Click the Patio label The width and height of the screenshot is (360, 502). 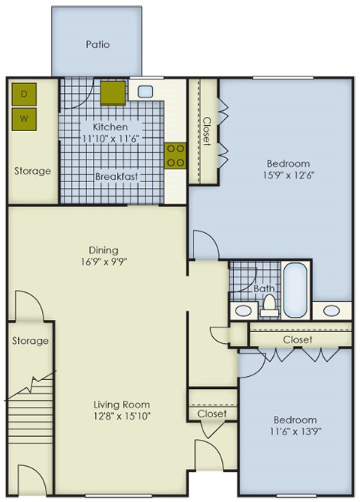pyautogui.click(x=97, y=44)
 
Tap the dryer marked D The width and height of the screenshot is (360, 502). pyautogui.click(x=24, y=94)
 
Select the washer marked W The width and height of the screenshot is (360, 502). pyautogui.click(x=24, y=119)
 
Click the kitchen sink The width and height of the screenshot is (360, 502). pyautogui.click(x=145, y=91)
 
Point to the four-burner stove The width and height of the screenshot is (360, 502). pyautogui.click(x=175, y=156)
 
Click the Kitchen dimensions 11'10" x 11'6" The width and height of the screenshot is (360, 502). pyautogui.click(x=110, y=139)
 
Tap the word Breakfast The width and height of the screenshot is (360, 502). pyautogui.click(x=117, y=176)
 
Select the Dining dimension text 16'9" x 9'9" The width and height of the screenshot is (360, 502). pyautogui.click(x=103, y=262)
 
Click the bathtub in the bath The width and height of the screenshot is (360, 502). pyautogui.click(x=295, y=290)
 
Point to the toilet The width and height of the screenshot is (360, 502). pyautogui.click(x=268, y=306)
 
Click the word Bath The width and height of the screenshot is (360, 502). pyautogui.click(x=264, y=288)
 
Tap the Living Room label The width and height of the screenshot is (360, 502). pyautogui.click(x=121, y=405)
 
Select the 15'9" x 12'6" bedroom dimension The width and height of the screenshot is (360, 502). pyautogui.click(x=288, y=175)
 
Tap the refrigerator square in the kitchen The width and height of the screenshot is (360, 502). pyautogui.click(x=112, y=93)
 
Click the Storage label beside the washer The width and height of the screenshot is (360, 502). pyautogui.click(x=32, y=171)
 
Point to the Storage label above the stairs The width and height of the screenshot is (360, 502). pyautogui.click(x=30, y=341)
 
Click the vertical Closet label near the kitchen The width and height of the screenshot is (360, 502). pyautogui.click(x=208, y=131)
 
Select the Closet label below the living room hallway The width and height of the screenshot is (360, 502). pyautogui.click(x=212, y=414)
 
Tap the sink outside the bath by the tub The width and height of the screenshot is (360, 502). pyautogui.click(x=331, y=310)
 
